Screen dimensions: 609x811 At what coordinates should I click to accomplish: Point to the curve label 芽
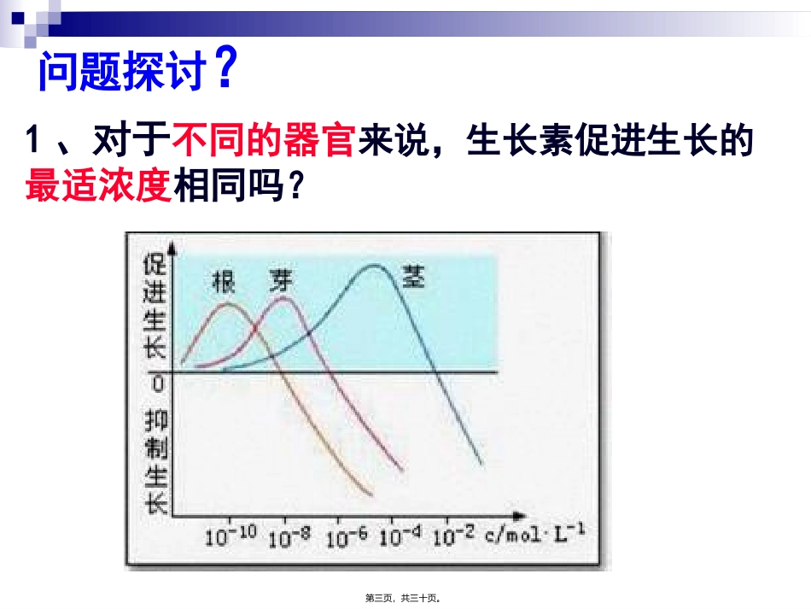(x=280, y=278)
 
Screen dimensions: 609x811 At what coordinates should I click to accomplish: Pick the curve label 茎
(x=413, y=275)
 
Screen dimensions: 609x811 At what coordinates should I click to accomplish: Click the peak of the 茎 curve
(x=374, y=266)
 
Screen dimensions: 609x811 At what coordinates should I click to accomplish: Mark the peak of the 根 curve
(x=226, y=303)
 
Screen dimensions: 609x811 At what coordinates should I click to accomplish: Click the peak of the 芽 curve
(x=283, y=299)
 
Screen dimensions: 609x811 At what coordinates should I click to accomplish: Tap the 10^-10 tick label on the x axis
(x=230, y=536)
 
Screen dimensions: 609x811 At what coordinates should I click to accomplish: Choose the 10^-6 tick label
(x=347, y=536)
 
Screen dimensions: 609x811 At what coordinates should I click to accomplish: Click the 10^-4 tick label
(x=400, y=536)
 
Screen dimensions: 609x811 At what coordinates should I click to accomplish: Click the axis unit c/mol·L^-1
(x=536, y=535)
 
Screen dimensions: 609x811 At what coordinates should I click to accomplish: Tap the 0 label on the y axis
(x=157, y=384)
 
